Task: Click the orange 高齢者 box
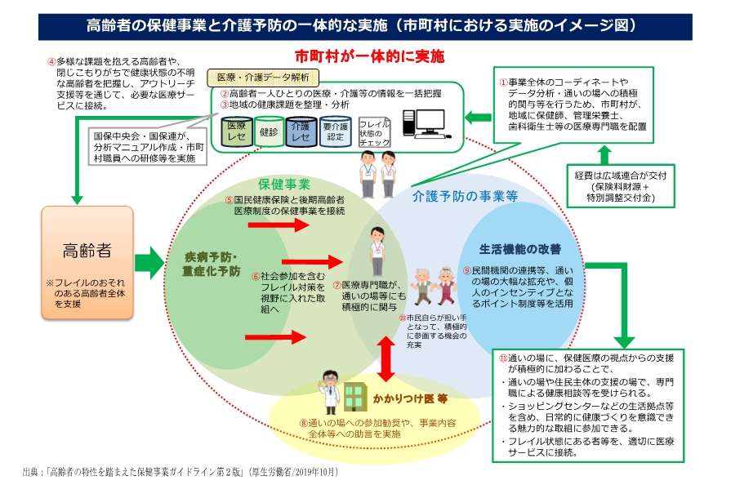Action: click(87, 261)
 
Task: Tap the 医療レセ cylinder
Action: click(237, 131)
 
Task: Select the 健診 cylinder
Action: click(269, 131)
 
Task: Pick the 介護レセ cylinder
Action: click(300, 131)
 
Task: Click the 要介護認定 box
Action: click(335, 131)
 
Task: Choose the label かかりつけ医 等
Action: click(411, 399)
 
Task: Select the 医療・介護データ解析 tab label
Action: click(261, 78)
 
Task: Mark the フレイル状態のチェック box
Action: click(375, 131)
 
